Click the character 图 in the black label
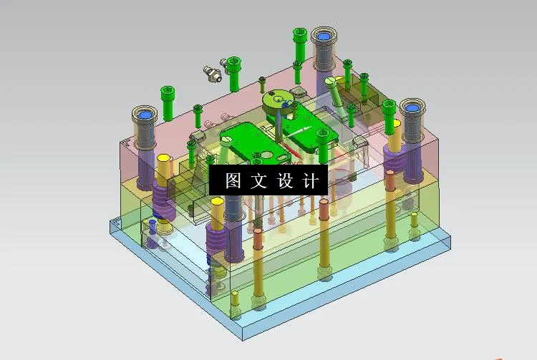tap(233, 181)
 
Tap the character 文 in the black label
tap(258, 181)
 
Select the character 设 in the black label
tap(284, 181)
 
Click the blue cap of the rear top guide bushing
tap(321, 35)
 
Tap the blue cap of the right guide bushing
tap(412, 108)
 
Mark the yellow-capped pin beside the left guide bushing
tap(163, 169)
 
